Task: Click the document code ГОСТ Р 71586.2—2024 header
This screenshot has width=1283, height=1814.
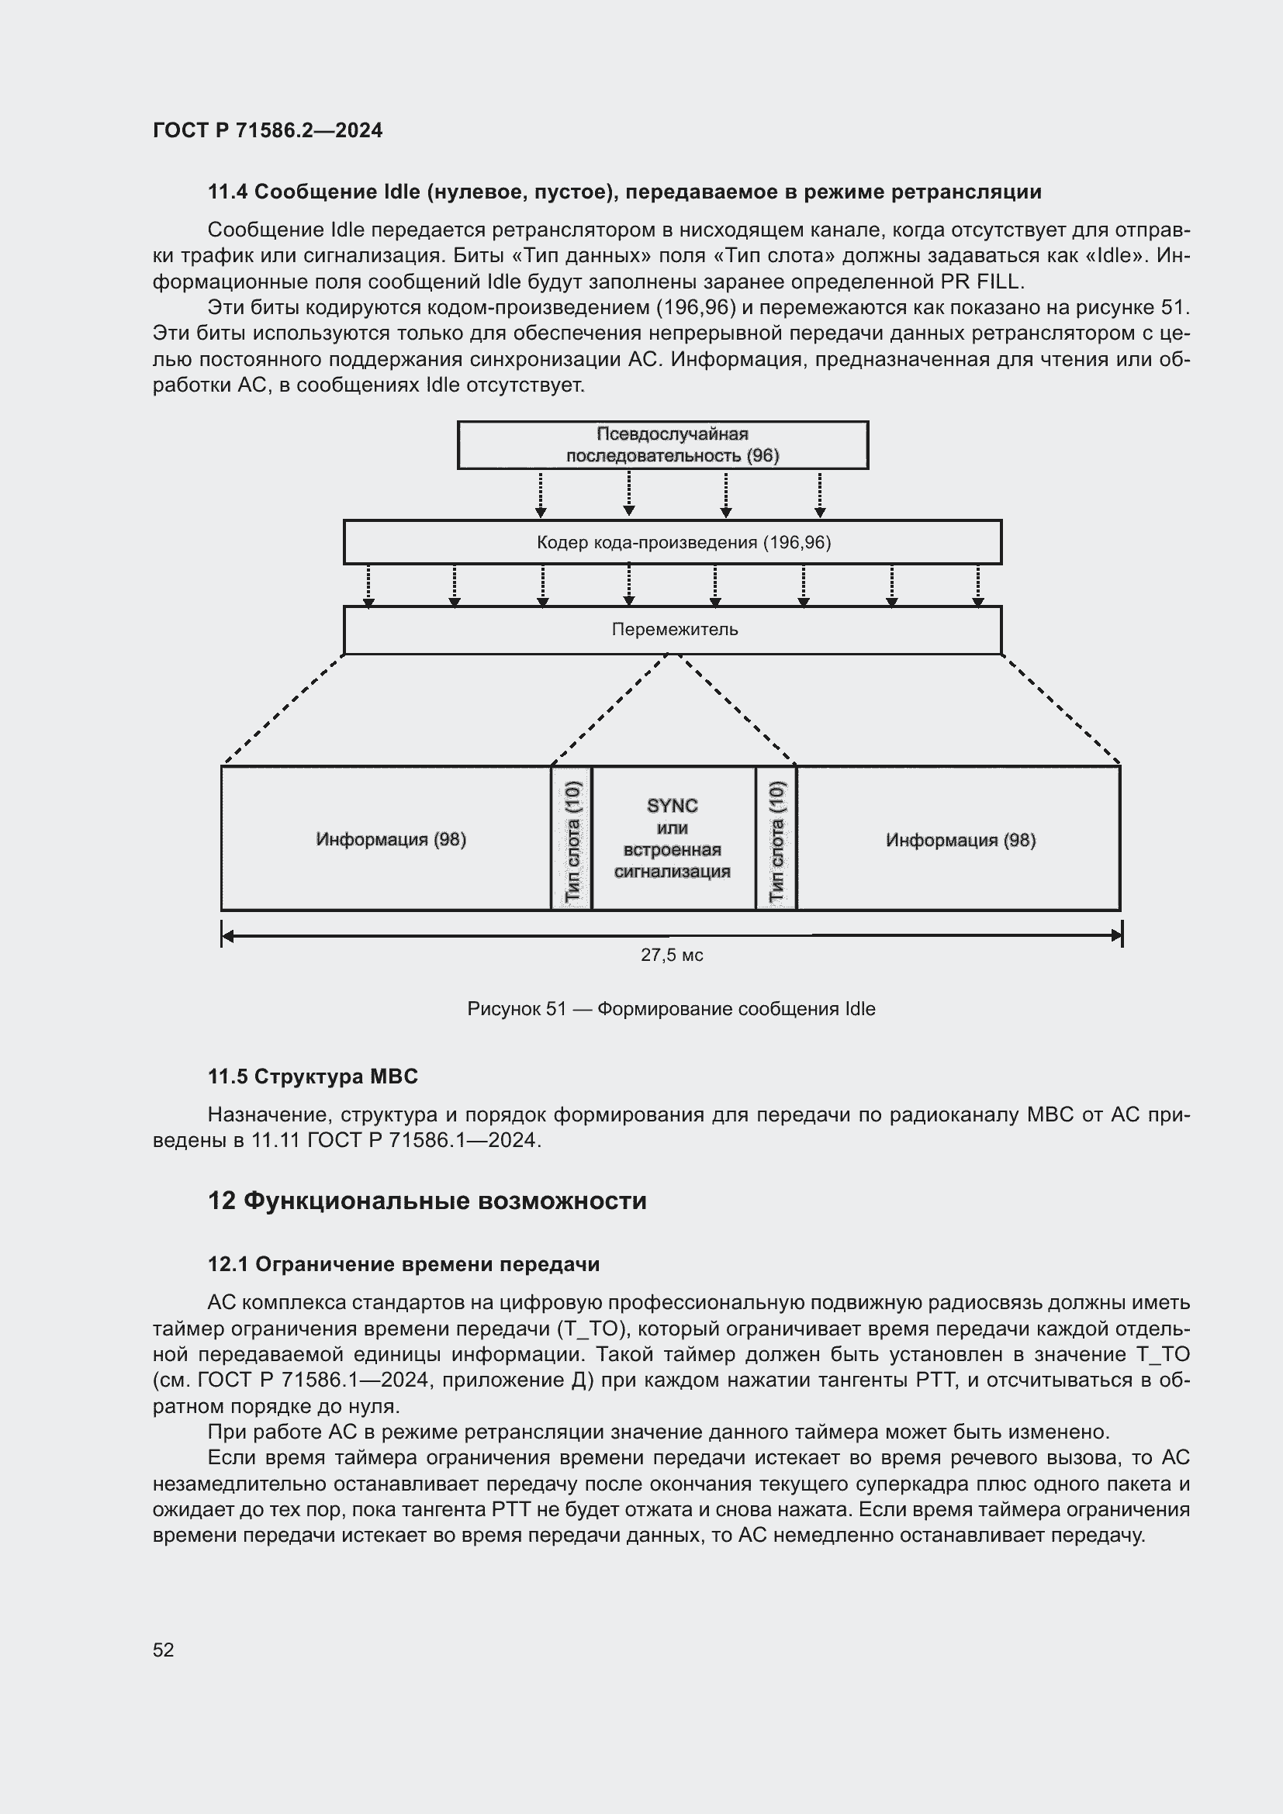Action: pyautogui.click(x=267, y=130)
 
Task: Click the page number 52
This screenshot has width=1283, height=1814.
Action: pyautogui.click(x=164, y=1650)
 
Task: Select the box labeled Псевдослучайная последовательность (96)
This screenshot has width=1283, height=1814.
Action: pyautogui.click(x=662, y=445)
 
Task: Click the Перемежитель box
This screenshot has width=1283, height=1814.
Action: pyautogui.click(x=673, y=630)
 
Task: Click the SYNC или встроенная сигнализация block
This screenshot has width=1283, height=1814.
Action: pyautogui.click(x=673, y=838)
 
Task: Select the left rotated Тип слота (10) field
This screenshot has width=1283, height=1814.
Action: pyautogui.click(x=572, y=839)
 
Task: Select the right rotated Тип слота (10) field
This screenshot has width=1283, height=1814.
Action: pyautogui.click(x=776, y=839)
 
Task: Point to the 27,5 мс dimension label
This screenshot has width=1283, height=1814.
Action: pyautogui.click(x=672, y=955)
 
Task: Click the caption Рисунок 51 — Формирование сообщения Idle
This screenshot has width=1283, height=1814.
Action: pyautogui.click(x=671, y=1009)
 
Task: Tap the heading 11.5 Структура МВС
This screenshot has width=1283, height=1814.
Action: pyautogui.click(x=313, y=1076)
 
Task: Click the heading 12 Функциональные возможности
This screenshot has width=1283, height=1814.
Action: pyautogui.click(x=427, y=1201)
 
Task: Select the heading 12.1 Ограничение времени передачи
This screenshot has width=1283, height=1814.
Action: pyautogui.click(x=403, y=1264)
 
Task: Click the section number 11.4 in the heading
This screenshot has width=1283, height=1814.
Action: pyautogui.click(x=227, y=192)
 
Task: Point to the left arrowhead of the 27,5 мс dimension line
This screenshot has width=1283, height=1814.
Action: pyautogui.click(x=228, y=936)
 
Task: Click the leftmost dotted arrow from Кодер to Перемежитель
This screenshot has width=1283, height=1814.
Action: pyautogui.click(x=369, y=586)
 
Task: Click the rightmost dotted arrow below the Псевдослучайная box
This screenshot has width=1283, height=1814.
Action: pyautogui.click(x=820, y=495)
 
